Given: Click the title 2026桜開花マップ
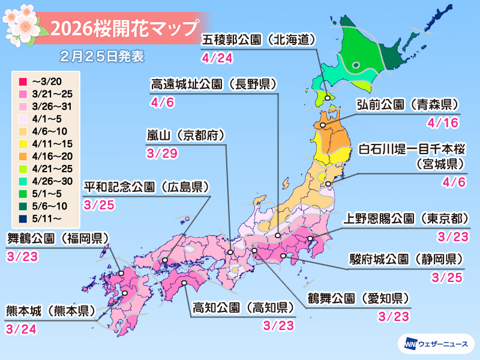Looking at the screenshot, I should pos(123,28).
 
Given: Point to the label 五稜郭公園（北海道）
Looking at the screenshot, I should pos(259,41).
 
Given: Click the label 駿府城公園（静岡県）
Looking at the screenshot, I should pos(406,260).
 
